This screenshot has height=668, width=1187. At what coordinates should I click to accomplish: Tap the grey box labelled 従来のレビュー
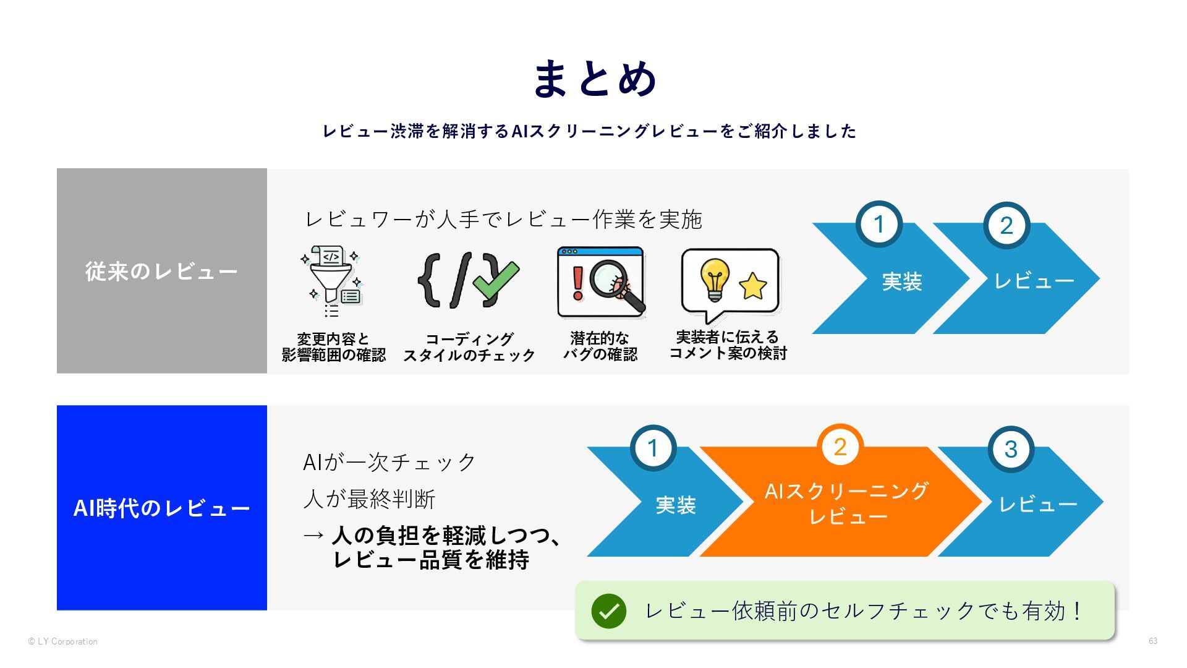click(161, 271)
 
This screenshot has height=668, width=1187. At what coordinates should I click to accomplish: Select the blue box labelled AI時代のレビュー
click(161, 508)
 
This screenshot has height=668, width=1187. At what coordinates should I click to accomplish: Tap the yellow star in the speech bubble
click(752, 285)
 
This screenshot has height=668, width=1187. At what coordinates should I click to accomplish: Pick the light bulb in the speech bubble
click(714, 278)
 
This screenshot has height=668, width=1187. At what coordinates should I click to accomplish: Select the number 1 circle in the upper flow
click(879, 225)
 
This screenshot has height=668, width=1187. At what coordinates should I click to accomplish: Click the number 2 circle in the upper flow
click(1006, 226)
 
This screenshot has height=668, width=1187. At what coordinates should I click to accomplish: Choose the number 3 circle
click(1011, 450)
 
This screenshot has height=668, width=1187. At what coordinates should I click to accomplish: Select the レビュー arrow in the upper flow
click(1033, 281)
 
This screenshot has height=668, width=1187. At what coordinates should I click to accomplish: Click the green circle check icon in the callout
click(608, 611)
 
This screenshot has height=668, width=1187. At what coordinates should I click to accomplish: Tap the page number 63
click(1152, 641)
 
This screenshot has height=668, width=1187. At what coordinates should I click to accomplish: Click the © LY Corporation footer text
click(63, 641)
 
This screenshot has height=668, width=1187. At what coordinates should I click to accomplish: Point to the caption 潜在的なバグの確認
click(600, 346)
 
